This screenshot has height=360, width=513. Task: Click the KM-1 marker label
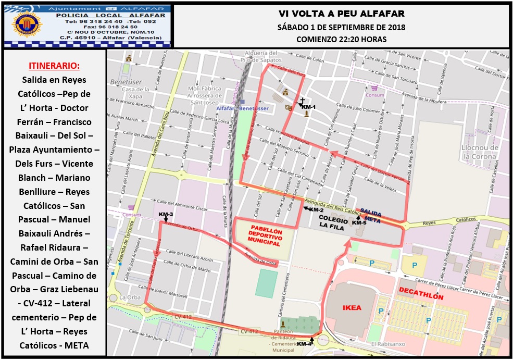click(x=309, y=107)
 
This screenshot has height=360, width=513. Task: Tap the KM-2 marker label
click(x=317, y=210)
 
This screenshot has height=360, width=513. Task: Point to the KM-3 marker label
click(x=166, y=215)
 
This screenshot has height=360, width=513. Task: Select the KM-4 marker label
click(x=305, y=344)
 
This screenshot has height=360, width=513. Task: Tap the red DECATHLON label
click(x=421, y=297)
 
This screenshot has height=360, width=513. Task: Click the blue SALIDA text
click(x=371, y=213)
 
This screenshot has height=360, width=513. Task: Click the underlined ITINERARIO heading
click(x=54, y=66)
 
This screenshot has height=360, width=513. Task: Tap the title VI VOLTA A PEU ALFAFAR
click(x=341, y=14)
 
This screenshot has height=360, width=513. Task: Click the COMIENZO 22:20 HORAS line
click(x=341, y=39)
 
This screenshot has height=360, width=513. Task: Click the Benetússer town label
click(x=126, y=82)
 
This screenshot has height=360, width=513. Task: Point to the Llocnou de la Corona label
click(x=480, y=152)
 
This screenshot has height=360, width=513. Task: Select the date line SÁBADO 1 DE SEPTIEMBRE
click(x=341, y=27)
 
